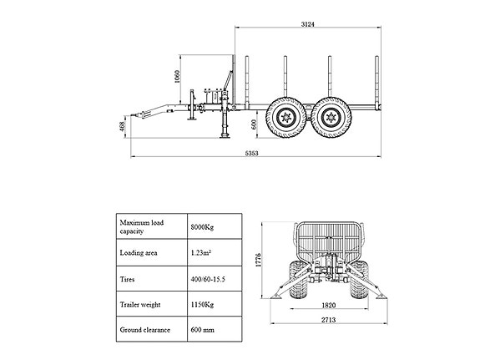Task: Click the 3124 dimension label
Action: (308, 24)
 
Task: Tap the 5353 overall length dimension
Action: (251, 153)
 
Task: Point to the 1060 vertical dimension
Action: (177, 77)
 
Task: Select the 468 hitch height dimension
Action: (122, 126)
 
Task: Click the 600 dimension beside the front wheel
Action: (254, 124)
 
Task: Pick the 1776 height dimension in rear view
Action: (259, 260)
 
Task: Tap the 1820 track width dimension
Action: (328, 305)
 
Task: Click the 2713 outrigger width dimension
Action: (328, 320)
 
